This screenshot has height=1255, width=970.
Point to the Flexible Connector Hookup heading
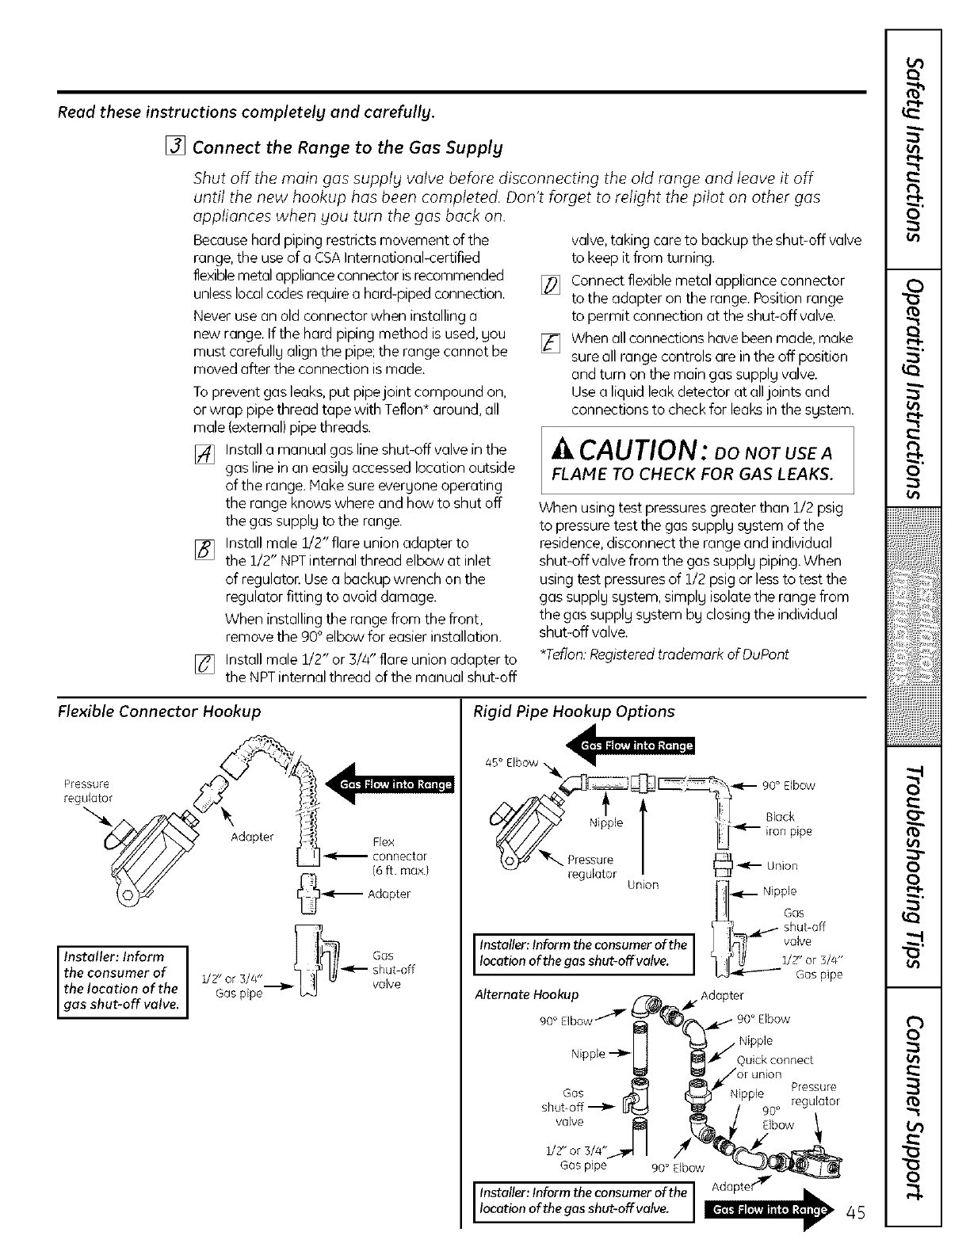[159, 711]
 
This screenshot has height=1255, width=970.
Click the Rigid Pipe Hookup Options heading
[573, 711]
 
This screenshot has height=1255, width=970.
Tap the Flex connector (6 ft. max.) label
[399, 856]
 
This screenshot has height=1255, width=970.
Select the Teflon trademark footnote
[663, 654]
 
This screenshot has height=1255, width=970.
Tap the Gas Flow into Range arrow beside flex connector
[388, 784]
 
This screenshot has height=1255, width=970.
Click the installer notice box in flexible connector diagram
[122, 980]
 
